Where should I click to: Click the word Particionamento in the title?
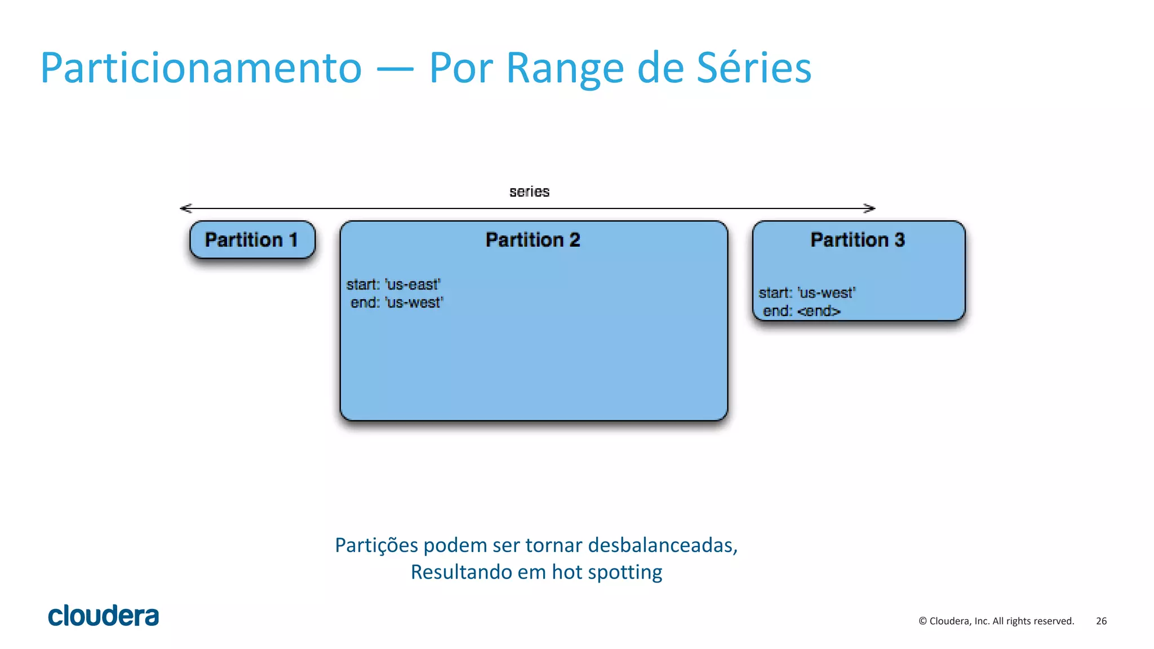201,69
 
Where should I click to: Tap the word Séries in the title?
754,69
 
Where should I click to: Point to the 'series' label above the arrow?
529,192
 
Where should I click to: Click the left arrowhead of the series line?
185,208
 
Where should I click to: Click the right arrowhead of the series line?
870,208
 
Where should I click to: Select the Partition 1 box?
252,240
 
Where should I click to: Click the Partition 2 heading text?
532,240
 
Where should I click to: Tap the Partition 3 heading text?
858,240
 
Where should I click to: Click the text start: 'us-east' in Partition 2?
393,285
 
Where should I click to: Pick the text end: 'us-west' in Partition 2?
397,303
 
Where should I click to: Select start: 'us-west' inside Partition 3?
807,293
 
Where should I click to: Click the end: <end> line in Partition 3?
801,311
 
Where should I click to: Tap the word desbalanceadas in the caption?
663,545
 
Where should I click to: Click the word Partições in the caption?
376,545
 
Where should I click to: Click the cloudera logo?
104,616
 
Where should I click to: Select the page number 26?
1101,621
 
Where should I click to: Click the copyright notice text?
996,621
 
